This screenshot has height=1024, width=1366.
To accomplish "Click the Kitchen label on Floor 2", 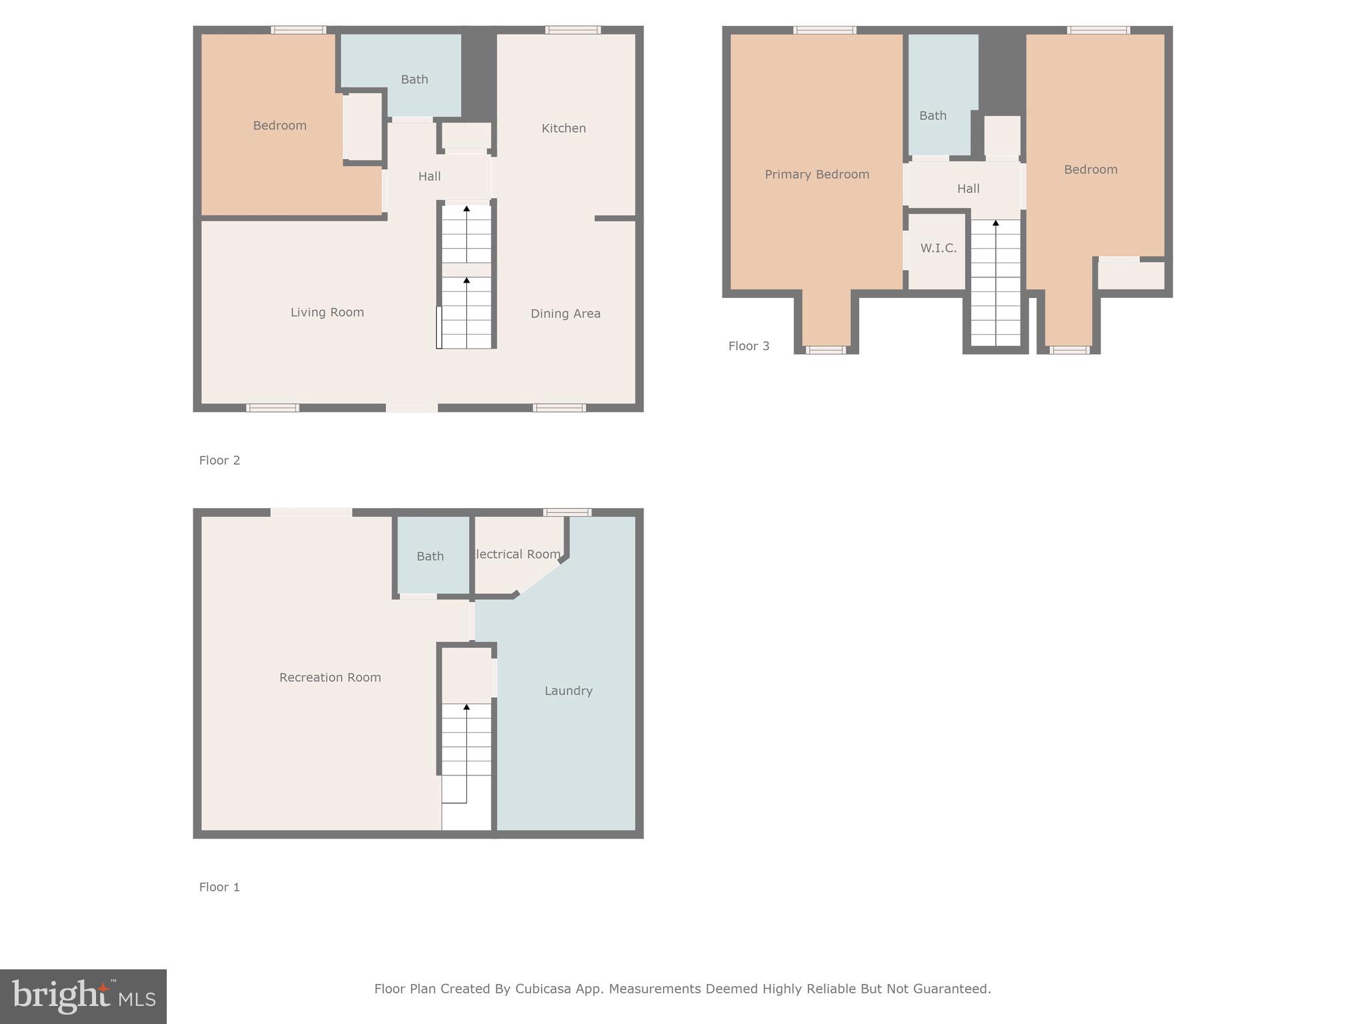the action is [564, 128].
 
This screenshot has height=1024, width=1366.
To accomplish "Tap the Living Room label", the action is [327, 312].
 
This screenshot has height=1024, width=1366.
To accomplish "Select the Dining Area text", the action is [566, 313].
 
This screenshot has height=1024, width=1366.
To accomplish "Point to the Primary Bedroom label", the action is [817, 175].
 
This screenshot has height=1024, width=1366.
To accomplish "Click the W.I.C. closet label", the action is [938, 248].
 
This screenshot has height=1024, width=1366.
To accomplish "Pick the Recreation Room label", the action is [330, 677].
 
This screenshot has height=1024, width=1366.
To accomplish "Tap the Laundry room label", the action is [568, 691].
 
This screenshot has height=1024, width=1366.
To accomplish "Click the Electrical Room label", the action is [516, 554].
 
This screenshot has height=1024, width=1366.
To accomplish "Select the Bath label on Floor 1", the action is [430, 556].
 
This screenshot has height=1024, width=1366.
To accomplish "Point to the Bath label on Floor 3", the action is [933, 115].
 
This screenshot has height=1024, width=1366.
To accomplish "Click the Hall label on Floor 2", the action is [430, 176].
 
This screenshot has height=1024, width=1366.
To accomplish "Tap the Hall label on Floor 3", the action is [968, 189].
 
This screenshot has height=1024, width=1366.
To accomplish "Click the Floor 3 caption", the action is [749, 346].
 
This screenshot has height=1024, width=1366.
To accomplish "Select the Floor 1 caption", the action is [219, 887].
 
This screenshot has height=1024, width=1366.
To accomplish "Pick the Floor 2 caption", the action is [219, 460].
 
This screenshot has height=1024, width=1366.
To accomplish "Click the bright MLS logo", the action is [83, 996].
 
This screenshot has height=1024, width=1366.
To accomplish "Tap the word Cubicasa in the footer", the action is [543, 989].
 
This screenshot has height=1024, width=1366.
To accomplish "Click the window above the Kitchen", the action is [573, 30].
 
